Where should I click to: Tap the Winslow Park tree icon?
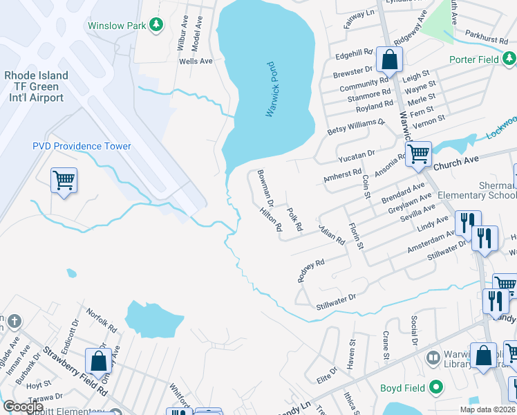[157, 26]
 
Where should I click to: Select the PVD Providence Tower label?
[82, 146]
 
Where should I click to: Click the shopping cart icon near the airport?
[64, 181]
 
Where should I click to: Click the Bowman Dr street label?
[266, 189]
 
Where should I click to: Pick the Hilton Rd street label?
[271, 219]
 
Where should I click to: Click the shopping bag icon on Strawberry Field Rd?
[98, 360]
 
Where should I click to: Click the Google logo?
[23, 407]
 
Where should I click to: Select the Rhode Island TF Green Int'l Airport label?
[36, 86]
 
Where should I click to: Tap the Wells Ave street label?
[196, 62]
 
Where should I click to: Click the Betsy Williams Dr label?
[355, 127]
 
